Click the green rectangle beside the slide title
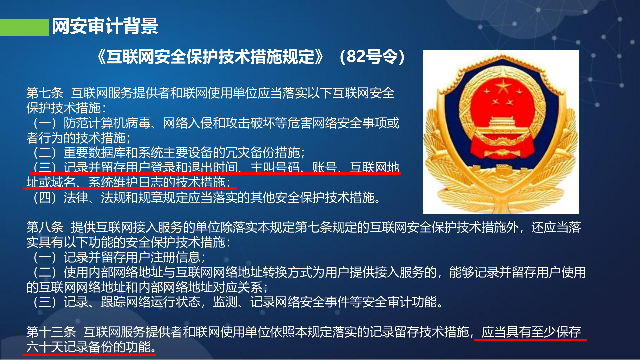coord(24,27)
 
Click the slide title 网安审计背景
coord(105,26)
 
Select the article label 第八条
coord(45,227)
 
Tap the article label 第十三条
coord(51,332)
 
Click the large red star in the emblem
coord(503,87)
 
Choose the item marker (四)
coord(45,198)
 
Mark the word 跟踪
coord(113,302)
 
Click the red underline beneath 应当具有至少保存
coord(530,340)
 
